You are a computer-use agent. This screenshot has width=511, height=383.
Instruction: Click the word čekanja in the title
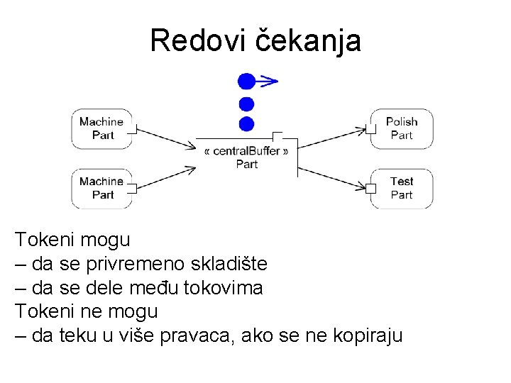click(307, 41)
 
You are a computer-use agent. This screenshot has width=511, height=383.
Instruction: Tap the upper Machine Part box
click(101, 128)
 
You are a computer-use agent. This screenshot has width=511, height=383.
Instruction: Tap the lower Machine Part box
click(101, 188)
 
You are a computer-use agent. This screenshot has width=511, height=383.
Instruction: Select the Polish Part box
click(402, 128)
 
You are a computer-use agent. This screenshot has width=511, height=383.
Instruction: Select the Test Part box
click(402, 188)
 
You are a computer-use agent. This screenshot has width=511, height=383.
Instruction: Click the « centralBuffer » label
click(246, 151)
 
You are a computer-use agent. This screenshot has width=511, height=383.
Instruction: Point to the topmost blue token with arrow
click(246, 82)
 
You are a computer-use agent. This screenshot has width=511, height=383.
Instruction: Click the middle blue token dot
click(246, 104)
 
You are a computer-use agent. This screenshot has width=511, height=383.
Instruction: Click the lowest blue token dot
click(246, 124)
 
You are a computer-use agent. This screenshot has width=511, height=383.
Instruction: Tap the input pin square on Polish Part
click(370, 129)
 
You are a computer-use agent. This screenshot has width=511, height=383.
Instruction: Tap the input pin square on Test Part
click(370, 188)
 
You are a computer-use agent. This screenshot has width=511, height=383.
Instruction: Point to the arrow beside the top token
click(268, 81)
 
